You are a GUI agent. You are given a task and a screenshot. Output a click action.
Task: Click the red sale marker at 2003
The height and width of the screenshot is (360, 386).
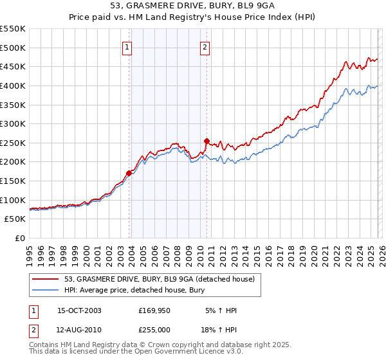pyautogui.click(x=129, y=172)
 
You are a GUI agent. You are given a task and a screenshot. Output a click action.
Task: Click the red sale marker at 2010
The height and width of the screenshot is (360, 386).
pyautogui.click(x=207, y=140)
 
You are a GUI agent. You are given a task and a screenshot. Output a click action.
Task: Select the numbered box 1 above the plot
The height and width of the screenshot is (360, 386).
pyautogui.click(x=127, y=47)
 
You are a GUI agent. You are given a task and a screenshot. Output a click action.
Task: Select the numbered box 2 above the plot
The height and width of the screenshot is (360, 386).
pyautogui.click(x=205, y=47)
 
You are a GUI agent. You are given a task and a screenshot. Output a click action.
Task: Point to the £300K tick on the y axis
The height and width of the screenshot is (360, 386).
pyautogui.click(x=13, y=123)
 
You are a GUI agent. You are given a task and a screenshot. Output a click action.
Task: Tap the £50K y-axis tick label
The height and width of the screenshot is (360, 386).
pyautogui.click(x=15, y=219)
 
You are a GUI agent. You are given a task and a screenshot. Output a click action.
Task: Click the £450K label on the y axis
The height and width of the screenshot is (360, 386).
pyautogui.click(x=13, y=66)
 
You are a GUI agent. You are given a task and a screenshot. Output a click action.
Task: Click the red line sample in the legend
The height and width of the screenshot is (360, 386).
pyautogui.click(x=47, y=279)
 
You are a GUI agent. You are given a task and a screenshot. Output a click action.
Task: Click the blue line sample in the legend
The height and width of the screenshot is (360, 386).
pyautogui.click(x=47, y=290)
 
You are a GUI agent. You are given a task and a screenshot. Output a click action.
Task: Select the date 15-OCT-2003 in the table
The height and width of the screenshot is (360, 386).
pyautogui.click(x=79, y=310)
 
